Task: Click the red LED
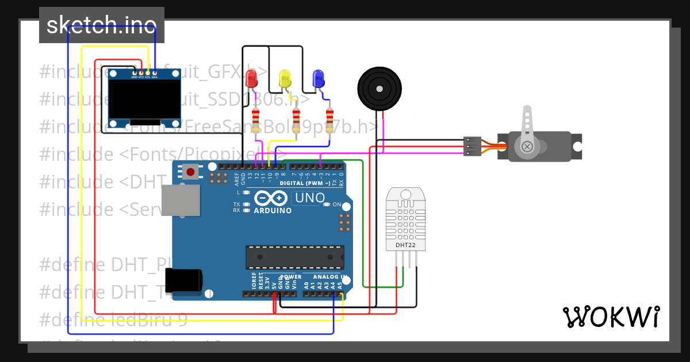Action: click(251, 79)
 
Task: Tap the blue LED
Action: click(317, 79)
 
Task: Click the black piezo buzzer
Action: click(378, 88)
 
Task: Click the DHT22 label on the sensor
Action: click(405, 245)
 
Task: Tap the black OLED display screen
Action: click(145, 100)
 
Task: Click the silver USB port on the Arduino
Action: click(180, 202)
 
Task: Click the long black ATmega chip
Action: click(295, 257)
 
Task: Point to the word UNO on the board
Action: click(309, 198)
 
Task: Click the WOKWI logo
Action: click(611, 316)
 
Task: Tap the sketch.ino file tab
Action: click(102, 25)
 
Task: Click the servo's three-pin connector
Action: click(471, 146)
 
